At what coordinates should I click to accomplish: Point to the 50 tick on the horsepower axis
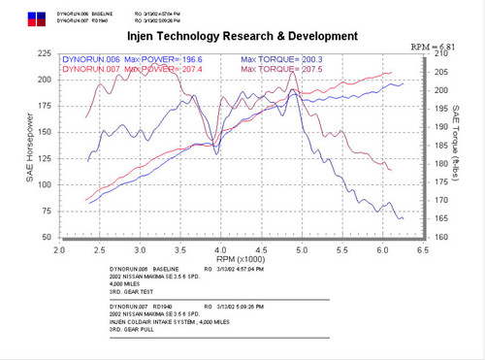coord(45,237)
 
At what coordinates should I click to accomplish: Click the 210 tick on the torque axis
coord(441,54)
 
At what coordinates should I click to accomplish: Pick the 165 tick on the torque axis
coord(441,218)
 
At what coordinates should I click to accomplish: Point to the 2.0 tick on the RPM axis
coord(59,249)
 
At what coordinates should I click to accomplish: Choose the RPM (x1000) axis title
coord(241,259)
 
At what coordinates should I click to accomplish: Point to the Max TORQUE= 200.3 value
coord(281,59)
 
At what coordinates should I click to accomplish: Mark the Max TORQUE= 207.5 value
coord(281,69)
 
